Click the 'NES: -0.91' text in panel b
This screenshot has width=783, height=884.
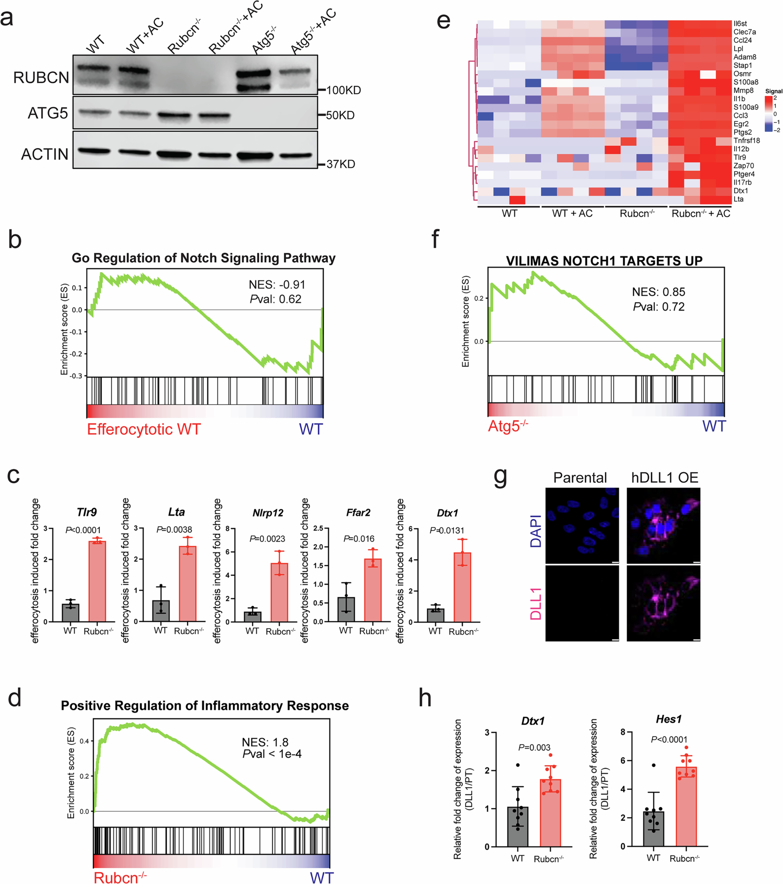[x=277, y=285]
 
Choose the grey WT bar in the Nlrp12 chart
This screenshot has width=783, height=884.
[x=253, y=616]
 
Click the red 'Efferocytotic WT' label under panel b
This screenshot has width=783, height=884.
[x=144, y=429]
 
